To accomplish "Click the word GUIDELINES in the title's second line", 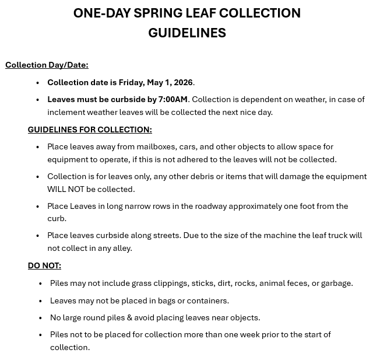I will [x=186, y=33].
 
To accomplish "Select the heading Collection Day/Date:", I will [x=47, y=65].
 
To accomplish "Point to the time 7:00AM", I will [x=173, y=99].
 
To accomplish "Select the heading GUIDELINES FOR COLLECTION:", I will [x=90, y=130].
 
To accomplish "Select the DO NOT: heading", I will [x=44, y=265].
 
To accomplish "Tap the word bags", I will [x=169, y=300].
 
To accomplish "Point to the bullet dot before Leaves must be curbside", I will [x=38, y=100].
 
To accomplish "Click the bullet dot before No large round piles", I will [x=40, y=318].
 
